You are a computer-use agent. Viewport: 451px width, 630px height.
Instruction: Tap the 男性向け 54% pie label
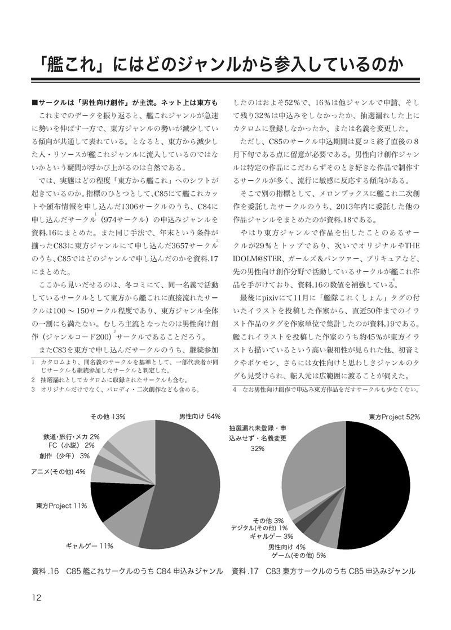[199, 417]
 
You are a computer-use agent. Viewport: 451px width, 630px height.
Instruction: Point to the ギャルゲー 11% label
[90, 546]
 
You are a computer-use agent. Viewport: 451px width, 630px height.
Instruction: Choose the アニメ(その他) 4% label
[58, 471]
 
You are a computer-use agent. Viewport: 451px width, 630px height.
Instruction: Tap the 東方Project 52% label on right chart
[395, 417]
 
